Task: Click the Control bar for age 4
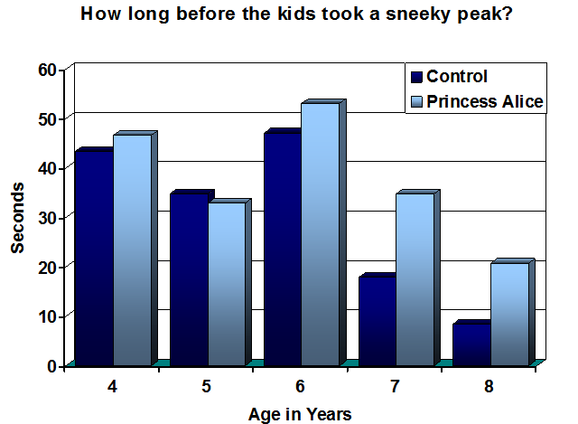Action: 94,259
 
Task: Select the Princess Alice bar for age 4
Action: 133,250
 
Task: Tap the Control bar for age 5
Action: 189,279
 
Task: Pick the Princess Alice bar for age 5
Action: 227,284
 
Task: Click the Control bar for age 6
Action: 283,250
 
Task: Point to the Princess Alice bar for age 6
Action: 321,234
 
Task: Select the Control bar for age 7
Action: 378,321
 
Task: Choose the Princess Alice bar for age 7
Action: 415,279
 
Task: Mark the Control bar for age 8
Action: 471,344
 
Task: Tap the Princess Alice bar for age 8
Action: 509,315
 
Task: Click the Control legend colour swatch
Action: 416,77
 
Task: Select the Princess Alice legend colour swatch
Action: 416,102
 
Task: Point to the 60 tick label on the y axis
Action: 47,70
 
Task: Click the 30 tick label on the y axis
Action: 47,218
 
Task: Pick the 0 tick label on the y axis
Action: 51,366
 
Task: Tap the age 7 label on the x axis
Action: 395,386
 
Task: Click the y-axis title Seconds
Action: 17,218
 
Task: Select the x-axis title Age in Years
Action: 300,414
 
